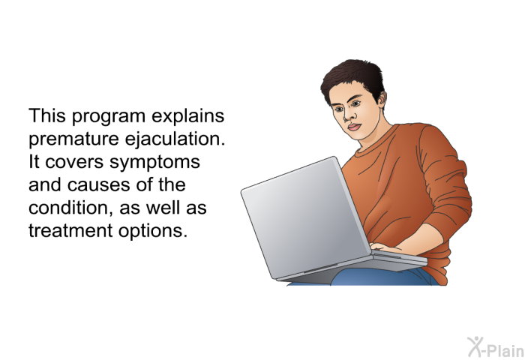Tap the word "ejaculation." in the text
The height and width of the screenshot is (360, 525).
pyautogui.click(x=175, y=139)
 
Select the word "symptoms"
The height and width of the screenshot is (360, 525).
pyautogui.click(x=154, y=163)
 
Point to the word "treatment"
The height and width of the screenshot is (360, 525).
pyautogui.click(x=70, y=231)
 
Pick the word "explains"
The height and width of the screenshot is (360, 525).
pyautogui.click(x=187, y=116)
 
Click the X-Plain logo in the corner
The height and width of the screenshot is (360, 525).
pyautogui.click(x=496, y=347)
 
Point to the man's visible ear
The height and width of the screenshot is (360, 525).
pyautogui.click(x=382, y=100)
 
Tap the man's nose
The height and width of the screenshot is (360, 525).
pyautogui.click(x=349, y=115)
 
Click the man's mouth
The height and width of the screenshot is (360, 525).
pyautogui.click(x=355, y=127)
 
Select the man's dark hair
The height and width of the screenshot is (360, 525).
pyautogui.click(x=353, y=79)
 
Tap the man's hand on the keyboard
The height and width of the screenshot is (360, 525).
pyautogui.click(x=385, y=247)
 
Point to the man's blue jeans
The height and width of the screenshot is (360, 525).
pyautogui.click(x=378, y=277)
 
